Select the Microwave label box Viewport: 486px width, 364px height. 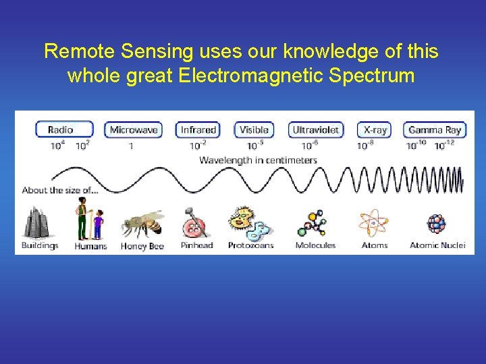[x=134, y=129]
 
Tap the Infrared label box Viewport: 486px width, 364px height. [x=198, y=129]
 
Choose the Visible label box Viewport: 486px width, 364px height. [x=254, y=129]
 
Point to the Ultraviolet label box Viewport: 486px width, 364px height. [x=316, y=129]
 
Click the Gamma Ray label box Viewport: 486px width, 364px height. [x=435, y=129]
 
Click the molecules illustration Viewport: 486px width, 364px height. [x=315, y=223]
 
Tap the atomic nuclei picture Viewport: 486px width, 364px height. [x=437, y=223]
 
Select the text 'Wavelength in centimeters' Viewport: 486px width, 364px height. [x=258, y=160]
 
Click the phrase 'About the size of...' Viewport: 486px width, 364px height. [x=60, y=190]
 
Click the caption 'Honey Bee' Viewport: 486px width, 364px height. [x=142, y=246]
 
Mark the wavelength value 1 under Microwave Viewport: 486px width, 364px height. [x=130, y=146]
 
